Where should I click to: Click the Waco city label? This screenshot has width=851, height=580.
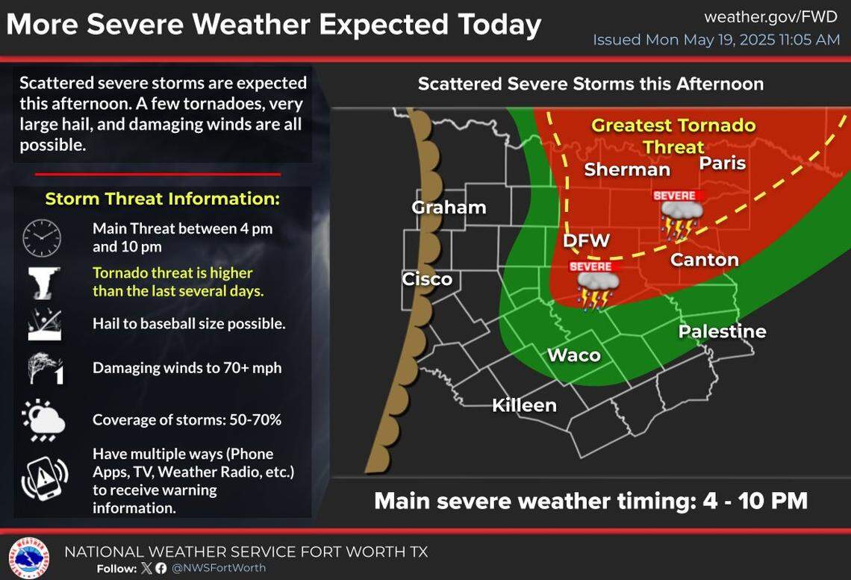pyautogui.click(x=574, y=355)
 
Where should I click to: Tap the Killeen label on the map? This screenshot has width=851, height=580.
pyautogui.click(x=524, y=405)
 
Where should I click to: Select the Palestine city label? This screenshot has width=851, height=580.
pyautogui.click(x=722, y=331)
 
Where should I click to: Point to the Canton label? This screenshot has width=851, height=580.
pyautogui.click(x=704, y=260)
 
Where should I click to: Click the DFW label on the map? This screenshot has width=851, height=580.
pyautogui.click(x=586, y=240)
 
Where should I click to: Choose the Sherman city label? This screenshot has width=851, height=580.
pyautogui.click(x=627, y=169)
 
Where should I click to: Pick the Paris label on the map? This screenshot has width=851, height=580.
pyautogui.click(x=722, y=163)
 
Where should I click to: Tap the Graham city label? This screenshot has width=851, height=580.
pyautogui.click(x=449, y=208)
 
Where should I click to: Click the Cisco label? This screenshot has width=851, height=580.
pyautogui.click(x=427, y=279)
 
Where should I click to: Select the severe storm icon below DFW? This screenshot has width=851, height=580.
pyautogui.click(x=595, y=284)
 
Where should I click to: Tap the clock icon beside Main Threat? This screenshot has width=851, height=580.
pyautogui.click(x=42, y=238)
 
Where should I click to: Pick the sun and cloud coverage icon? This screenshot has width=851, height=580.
pyautogui.click(x=43, y=419)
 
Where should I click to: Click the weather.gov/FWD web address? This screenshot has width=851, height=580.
pyautogui.click(x=771, y=16)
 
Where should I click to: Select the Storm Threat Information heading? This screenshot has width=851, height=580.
pyautogui.click(x=162, y=199)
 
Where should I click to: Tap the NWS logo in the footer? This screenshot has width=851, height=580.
pyautogui.click(x=28, y=557)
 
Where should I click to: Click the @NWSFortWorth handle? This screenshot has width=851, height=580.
pyautogui.click(x=218, y=568)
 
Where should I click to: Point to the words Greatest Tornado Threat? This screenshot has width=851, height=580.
pyautogui.click(x=673, y=136)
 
